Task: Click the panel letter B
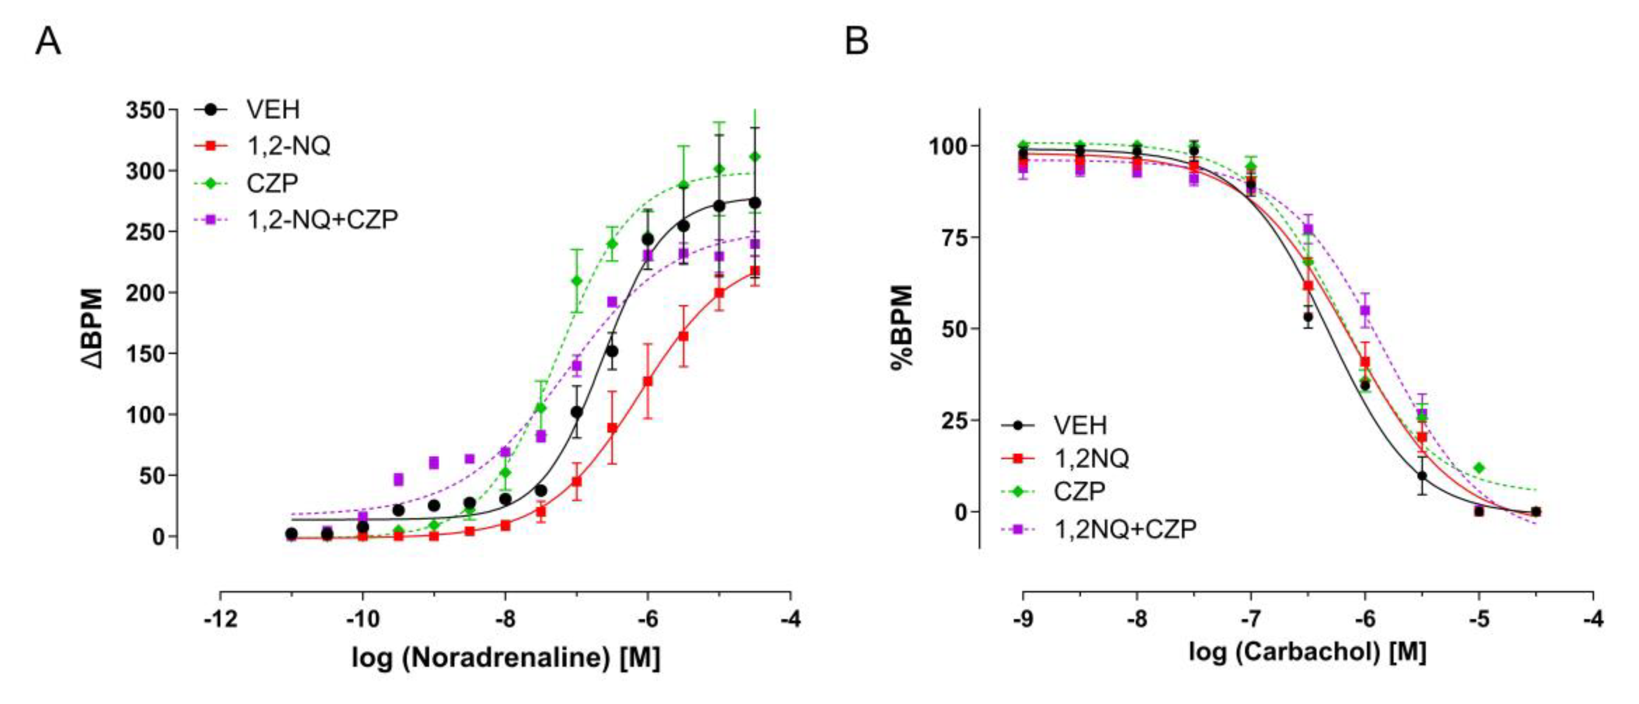[856, 42]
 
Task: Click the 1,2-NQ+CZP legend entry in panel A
[322, 220]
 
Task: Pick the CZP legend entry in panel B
[1080, 491]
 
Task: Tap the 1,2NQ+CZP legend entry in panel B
[1125, 529]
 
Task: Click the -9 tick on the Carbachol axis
[1023, 618]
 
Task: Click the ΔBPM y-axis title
[93, 328]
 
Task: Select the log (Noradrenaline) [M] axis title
[506, 657]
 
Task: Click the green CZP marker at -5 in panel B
[1479, 468]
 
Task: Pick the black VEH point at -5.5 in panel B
[1422, 476]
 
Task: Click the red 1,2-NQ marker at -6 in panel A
[648, 381]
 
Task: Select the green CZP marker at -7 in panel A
[576, 281]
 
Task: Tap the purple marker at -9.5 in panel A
[398, 479]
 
